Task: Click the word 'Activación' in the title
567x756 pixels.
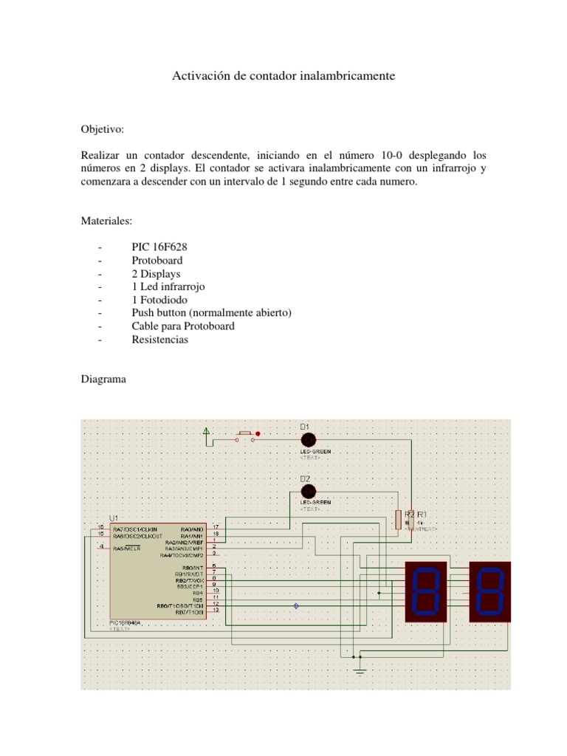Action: tap(198, 76)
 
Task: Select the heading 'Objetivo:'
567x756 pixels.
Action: tap(103, 130)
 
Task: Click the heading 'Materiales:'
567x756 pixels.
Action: tap(107, 221)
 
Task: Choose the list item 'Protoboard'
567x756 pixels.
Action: tap(157, 261)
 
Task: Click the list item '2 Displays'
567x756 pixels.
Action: tap(156, 274)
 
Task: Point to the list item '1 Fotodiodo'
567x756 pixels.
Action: tap(159, 300)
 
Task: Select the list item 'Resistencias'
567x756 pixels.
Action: tap(160, 340)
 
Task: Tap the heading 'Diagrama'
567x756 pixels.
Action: tap(103, 379)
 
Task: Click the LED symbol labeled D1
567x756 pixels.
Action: tap(309, 439)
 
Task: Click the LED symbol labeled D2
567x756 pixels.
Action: tap(309, 491)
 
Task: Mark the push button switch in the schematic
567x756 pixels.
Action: tap(245, 437)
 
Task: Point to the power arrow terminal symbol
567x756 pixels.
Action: tap(207, 431)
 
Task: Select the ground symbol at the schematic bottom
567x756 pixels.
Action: tap(360, 670)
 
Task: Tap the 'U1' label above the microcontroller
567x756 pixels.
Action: tap(114, 518)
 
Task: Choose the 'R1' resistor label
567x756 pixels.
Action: tap(422, 514)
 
